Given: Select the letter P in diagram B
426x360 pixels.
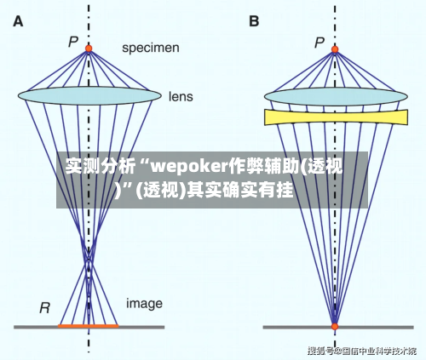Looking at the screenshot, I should pyautogui.click(x=319, y=40).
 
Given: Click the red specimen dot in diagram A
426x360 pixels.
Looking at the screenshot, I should pyautogui.click(x=88, y=49).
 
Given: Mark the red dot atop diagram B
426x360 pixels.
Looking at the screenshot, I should pyautogui.click(x=334, y=49).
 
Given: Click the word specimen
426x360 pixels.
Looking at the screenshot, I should pyautogui.click(x=151, y=48).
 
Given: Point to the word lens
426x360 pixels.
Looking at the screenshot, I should pyautogui.click(x=180, y=96).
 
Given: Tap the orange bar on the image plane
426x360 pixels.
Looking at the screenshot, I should pyautogui.click(x=88, y=326).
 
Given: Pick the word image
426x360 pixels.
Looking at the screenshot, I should pyautogui.click(x=145, y=303).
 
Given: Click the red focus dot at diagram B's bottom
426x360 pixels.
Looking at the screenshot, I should pyautogui.click(x=334, y=326).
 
